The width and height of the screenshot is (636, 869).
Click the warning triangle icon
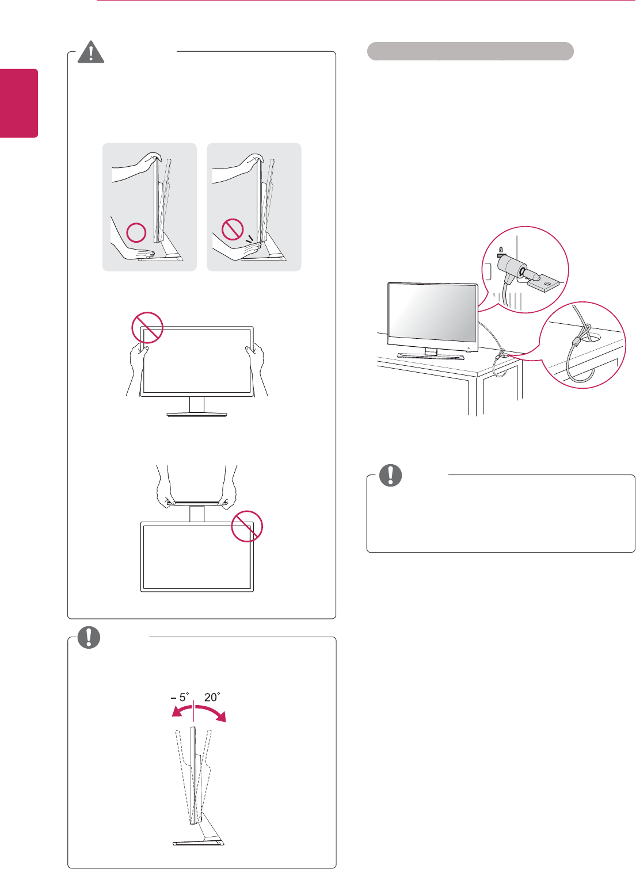pos(91,52)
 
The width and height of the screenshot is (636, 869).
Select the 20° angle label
pos(212,697)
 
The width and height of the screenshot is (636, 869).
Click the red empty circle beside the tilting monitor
pos(136,232)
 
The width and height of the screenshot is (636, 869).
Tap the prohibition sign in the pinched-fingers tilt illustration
pos(233,229)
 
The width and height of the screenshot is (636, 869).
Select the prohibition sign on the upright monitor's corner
pos(147,327)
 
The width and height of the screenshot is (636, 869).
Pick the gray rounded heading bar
pos(470,51)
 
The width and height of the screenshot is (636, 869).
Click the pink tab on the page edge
pos(19,104)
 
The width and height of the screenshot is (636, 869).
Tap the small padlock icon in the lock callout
pos(501,250)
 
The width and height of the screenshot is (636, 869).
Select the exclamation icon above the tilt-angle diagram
pos(89,637)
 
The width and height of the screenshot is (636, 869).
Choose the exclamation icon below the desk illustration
pos(390,475)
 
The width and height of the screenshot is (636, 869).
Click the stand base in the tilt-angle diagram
pos(198,843)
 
